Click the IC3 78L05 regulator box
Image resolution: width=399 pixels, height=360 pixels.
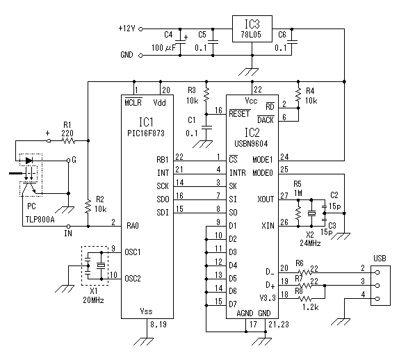(x=252, y=28)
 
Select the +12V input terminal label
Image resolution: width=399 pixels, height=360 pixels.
(x=127, y=28)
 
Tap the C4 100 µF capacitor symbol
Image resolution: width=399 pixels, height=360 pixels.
(x=180, y=42)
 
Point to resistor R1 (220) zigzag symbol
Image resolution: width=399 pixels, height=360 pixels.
(x=68, y=140)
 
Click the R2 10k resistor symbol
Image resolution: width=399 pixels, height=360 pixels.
(x=88, y=206)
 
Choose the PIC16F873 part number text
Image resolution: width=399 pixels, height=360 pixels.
(x=146, y=133)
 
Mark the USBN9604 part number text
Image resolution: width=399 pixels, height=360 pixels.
(x=251, y=144)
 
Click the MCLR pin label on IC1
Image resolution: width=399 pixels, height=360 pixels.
(x=133, y=102)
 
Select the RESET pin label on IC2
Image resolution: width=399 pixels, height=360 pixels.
(x=239, y=113)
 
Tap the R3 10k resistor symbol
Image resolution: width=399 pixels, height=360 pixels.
(x=206, y=95)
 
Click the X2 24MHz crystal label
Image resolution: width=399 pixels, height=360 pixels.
(x=310, y=239)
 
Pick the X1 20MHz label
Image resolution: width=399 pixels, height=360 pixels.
(x=93, y=296)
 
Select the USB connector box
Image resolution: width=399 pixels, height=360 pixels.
(x=380, y=286)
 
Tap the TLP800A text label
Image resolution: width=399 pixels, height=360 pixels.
(x=40, y=220)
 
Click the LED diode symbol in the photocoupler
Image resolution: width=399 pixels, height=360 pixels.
(x=29, y=161)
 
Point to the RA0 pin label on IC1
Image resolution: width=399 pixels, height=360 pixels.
(x=133, y=226)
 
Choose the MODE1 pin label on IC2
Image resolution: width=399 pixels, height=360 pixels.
(x=262, y=160)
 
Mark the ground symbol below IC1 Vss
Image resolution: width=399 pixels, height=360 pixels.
(x=144, y=341)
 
